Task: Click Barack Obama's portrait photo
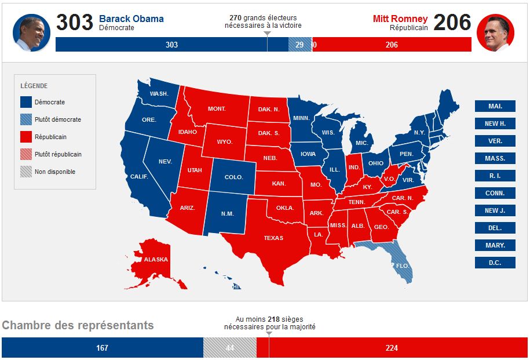click(x=31, y=33)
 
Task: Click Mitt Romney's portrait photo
click(x=495, y=33)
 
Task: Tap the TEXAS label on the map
click(x=273, y=238)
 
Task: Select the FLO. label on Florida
click(x=403, y=266)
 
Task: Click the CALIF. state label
click(x=139, y=177)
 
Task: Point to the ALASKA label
click(x=156, y=259)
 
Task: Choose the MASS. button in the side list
click(x=495, y=158)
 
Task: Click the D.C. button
click(x=495, y=263)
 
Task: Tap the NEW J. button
click(x=495, y=210)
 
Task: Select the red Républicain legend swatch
click(x=26, y=137)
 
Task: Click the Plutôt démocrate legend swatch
click(x=26, y=119)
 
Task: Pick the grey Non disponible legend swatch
click(x=26, y=172)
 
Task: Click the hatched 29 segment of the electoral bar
click(x=299, y=45)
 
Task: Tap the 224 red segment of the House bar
click(x=391, y=348)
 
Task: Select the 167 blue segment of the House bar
click(x=102, y=348)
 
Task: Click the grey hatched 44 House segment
click(x=229, y=348)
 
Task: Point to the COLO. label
click(x=233, y=177)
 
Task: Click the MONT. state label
click(x=217, y=109)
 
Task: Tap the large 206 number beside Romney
click(x=452, y=23)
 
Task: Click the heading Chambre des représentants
click(x=78, y=325)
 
